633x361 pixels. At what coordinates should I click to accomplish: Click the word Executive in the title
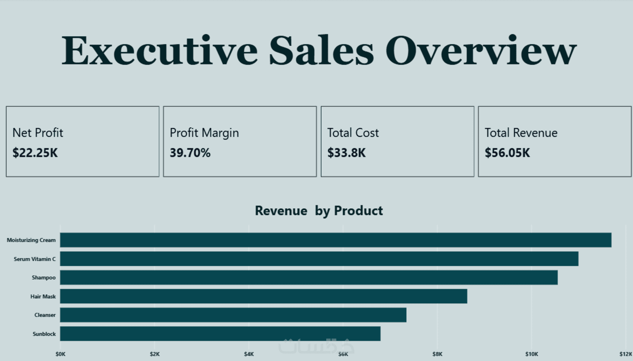[159, 51]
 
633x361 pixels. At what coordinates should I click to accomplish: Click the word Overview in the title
[481, 51]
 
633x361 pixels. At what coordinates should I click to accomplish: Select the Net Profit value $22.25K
[35, 153]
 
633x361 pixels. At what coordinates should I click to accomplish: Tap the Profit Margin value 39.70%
[190, 153]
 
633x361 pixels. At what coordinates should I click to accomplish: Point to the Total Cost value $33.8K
[346, 153]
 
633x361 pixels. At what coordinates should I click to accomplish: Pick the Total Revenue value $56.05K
[507, 153]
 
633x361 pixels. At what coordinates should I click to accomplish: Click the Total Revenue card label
[521, 133]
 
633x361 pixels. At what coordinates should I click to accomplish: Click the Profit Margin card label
[204, 133]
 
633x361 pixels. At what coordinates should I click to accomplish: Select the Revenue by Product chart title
[319, 211]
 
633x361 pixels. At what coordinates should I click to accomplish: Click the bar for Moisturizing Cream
[335, 240]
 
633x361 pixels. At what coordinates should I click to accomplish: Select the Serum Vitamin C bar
[319, 259]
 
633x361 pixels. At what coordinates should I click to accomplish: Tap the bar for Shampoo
[309, 278]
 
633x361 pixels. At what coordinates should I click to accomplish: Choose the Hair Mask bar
[263, 296]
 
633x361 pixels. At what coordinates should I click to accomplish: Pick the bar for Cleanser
[233, 315]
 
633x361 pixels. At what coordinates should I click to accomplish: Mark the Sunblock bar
[220, 334]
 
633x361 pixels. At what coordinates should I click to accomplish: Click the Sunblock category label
[44, 334]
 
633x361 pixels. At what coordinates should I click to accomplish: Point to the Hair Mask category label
[43, 297]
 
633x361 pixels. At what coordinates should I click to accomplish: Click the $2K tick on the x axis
[155, 354]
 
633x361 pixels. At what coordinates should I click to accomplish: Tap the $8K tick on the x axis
[437, 354]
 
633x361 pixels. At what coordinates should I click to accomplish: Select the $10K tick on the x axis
[531, 354]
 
